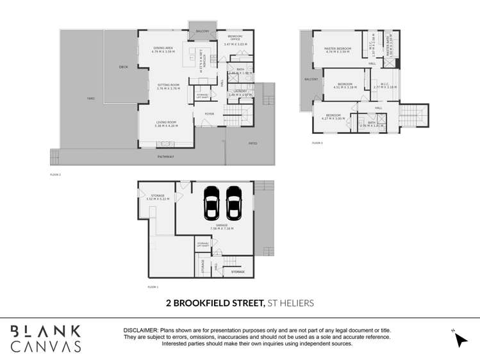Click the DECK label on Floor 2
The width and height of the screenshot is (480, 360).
coord(123,67)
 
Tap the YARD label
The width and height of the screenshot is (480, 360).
coord(91,99)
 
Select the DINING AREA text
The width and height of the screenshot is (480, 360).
coord(163,48)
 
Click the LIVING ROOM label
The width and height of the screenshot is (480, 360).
coord(166,122)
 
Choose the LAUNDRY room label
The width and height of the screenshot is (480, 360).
coord(240,91)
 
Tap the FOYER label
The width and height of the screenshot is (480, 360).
coord(209,114)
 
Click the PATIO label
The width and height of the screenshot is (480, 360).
coord(252,143)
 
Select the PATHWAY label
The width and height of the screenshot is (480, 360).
coord(166,157)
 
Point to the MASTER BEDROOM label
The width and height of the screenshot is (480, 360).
coord(337,48)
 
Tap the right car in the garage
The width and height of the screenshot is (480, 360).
coord(233,204)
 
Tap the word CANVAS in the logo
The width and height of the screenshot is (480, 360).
coord(46,347)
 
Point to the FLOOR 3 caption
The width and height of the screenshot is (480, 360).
coord(317,143)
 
